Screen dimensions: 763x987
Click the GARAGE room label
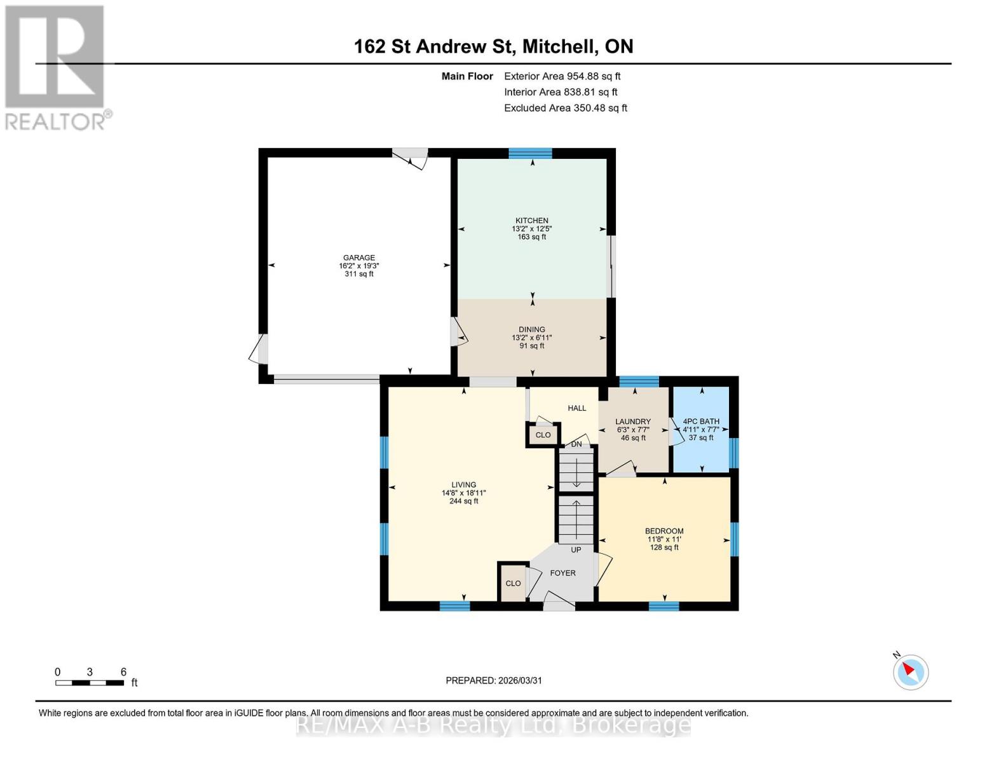359,258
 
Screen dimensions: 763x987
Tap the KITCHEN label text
531,221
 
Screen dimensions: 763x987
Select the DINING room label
531,330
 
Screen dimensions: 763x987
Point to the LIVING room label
463,485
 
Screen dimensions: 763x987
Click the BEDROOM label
664,532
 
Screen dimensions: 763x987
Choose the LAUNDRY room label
633,422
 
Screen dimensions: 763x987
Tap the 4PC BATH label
701,422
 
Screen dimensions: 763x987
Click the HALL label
577,408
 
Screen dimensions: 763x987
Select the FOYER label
562,574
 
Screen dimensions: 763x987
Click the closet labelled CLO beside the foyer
513,584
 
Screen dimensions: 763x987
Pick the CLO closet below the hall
543,436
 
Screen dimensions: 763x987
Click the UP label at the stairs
576,550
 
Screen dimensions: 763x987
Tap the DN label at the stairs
576,444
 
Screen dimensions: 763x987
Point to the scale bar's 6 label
123,672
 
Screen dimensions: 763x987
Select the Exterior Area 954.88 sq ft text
562,76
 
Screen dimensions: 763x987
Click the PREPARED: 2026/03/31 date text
494,680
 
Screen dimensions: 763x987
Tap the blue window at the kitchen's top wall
530,153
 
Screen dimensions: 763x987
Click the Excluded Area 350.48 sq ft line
566,108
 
